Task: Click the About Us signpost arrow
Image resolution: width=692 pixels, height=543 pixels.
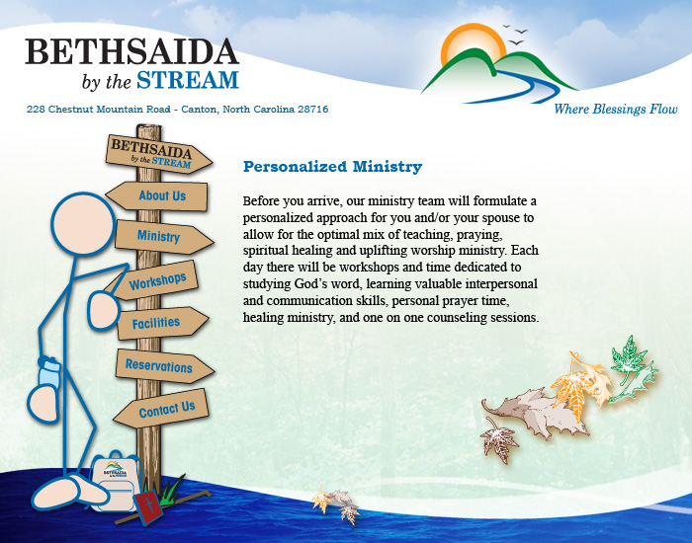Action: coord(157,195)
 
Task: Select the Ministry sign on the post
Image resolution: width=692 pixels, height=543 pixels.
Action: coord(164,237)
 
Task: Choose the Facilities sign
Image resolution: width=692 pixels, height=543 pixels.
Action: coord(162,323)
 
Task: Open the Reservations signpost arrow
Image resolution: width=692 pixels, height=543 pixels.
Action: coord(165,366)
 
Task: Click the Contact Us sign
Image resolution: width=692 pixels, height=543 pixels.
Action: coord(161,409)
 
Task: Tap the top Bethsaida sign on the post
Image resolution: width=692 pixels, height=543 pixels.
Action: coord(158,154)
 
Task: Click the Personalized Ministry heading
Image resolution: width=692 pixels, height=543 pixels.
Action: coord(332,167)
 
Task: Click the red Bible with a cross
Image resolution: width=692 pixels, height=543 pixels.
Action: coord(148,506)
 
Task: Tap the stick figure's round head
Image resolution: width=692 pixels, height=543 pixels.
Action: coord(83,224)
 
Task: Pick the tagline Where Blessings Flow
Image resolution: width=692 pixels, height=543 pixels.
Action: coord(616,109)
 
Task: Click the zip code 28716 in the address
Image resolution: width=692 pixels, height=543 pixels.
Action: coord(313,109)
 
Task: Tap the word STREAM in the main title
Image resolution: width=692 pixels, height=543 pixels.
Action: coord(188,80)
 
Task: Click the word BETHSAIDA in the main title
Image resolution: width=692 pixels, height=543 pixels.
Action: coord(131,51)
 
